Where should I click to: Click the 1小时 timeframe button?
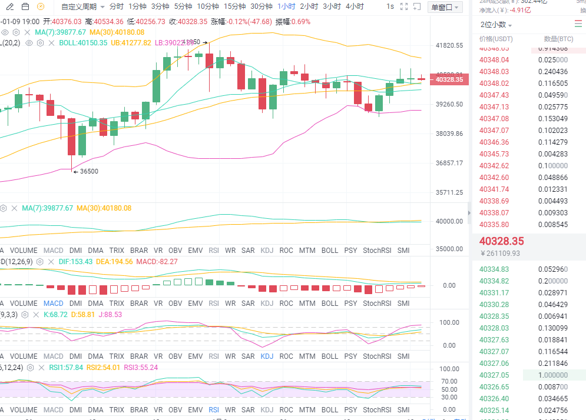tap(287, 6)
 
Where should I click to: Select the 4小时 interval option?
tap(355, 6)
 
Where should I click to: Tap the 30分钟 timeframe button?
tap(261, 6)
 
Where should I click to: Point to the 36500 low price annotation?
tap(88, 171)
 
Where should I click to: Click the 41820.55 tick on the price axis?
tap(449, 45)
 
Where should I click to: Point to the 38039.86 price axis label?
tap(449, 134)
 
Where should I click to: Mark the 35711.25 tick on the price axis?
tap(449, 192)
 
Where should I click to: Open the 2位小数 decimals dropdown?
tap(495, 25)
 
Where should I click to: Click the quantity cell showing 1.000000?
tap(554, 375)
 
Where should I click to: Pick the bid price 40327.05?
tap(494, 375)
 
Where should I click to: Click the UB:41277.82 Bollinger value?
tap(131, 43)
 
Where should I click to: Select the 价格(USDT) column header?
tap(496, 39)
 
